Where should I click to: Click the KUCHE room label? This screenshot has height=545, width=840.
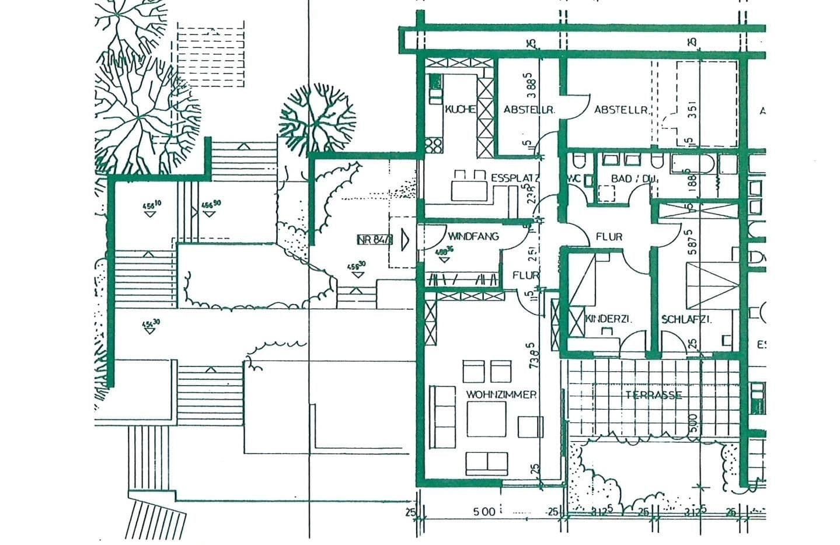(x=460, y=109)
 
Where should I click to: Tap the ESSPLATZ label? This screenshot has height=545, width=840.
(x=514, y=178)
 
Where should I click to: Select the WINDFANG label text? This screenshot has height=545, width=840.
(x=473, y=236)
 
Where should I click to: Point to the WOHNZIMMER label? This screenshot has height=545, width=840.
(x=501, y=394)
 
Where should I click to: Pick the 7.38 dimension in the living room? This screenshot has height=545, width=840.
(x=533, y=355)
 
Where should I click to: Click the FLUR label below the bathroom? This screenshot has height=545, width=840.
(x=609, y=237)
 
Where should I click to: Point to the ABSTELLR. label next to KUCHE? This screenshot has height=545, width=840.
(x=528, y=109)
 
